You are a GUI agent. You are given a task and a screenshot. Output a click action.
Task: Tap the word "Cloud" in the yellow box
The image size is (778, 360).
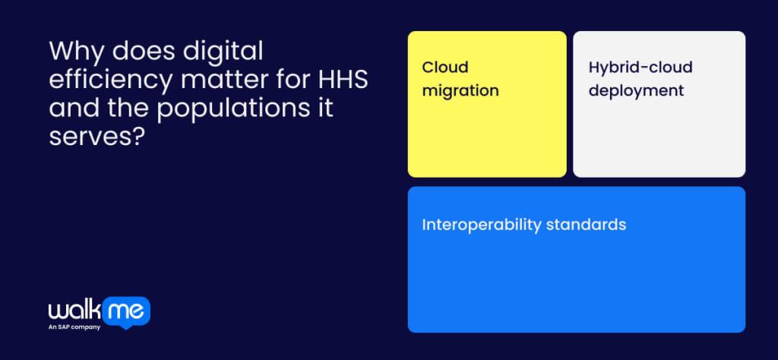pos(445,68)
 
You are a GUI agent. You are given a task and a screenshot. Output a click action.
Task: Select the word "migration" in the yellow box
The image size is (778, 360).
pos(460,91)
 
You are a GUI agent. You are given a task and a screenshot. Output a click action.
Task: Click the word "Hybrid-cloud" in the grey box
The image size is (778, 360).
pos(640,68)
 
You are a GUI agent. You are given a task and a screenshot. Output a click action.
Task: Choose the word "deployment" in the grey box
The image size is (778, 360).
pos(636,91)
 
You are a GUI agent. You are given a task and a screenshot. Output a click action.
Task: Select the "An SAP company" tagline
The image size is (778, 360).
pos(74,327)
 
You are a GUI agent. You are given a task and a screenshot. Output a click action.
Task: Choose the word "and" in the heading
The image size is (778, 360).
pos(70,108)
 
